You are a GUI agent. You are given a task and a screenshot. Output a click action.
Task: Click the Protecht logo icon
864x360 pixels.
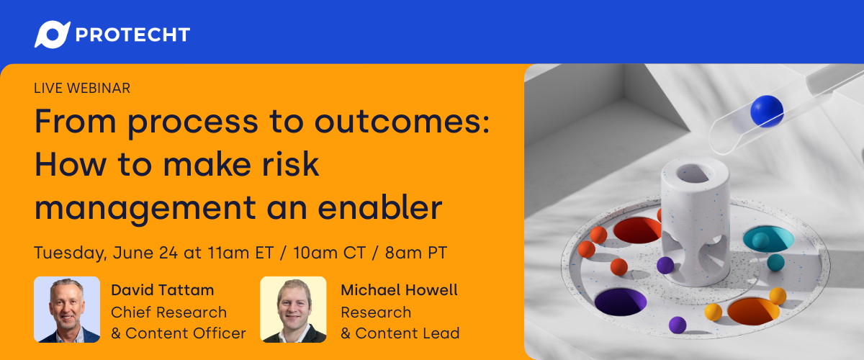tap(52, 34)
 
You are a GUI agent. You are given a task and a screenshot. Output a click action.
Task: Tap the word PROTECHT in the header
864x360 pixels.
tap(132, 35)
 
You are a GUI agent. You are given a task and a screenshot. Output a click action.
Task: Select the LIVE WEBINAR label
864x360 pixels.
tap(82, 88)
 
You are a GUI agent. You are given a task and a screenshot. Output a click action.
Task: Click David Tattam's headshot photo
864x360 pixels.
tap(67, 310)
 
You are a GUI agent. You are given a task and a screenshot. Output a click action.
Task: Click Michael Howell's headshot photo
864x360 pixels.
tap(293, 310)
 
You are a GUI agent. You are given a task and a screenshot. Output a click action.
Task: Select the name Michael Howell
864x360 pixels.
tap(399, 291)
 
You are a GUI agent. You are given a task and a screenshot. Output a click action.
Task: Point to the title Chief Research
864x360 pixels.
tap(168, 312)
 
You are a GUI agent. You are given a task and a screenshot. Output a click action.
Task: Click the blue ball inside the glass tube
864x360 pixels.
tap(766, 111)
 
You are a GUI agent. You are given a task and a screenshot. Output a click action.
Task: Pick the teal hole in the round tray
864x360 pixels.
tap(768, 239)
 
